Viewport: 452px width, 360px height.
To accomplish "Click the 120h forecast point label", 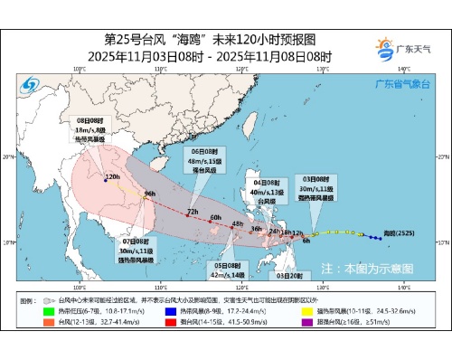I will [112, 177].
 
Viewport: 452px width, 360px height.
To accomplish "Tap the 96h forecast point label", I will [151, 194].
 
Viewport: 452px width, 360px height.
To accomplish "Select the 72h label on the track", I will [192, 212].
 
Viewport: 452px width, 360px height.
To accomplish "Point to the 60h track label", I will [215, 217].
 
